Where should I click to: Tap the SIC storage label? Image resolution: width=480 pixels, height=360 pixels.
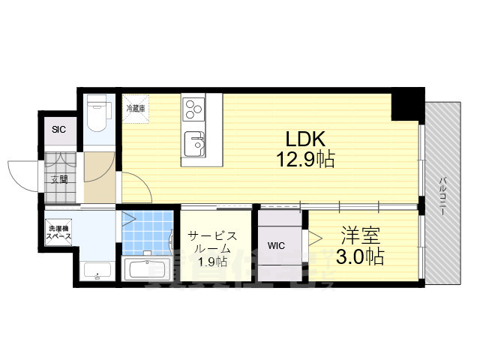(58, 130)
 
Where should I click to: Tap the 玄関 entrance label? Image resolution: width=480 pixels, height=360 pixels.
(59, 179)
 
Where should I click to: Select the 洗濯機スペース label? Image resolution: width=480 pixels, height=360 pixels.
(58, 232)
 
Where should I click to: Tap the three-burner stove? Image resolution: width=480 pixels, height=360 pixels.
(193, 109)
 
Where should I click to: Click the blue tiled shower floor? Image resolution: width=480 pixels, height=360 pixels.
(148, 232)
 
